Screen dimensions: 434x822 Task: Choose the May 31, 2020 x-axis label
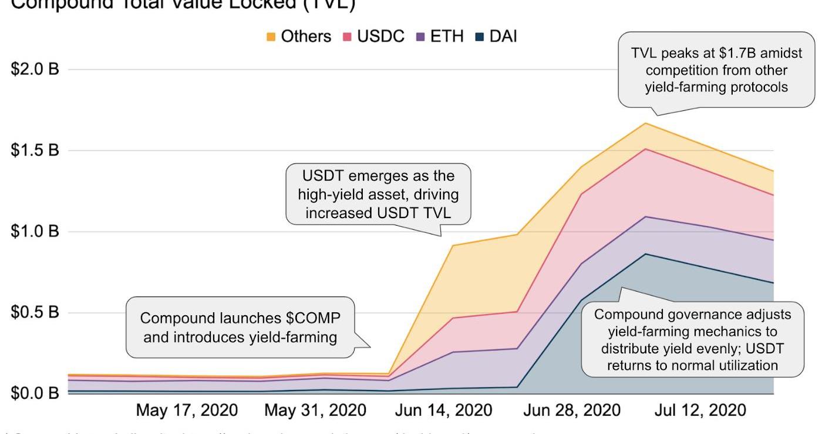[x=315, y=410]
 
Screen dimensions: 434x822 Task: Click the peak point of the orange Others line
[x=646, y=123]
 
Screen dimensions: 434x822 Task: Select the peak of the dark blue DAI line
[x=646, y=254]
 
